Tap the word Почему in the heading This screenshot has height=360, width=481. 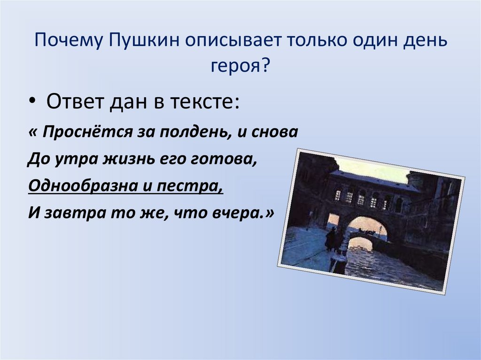click(68, 40)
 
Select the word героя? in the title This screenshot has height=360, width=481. click(240, 66)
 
